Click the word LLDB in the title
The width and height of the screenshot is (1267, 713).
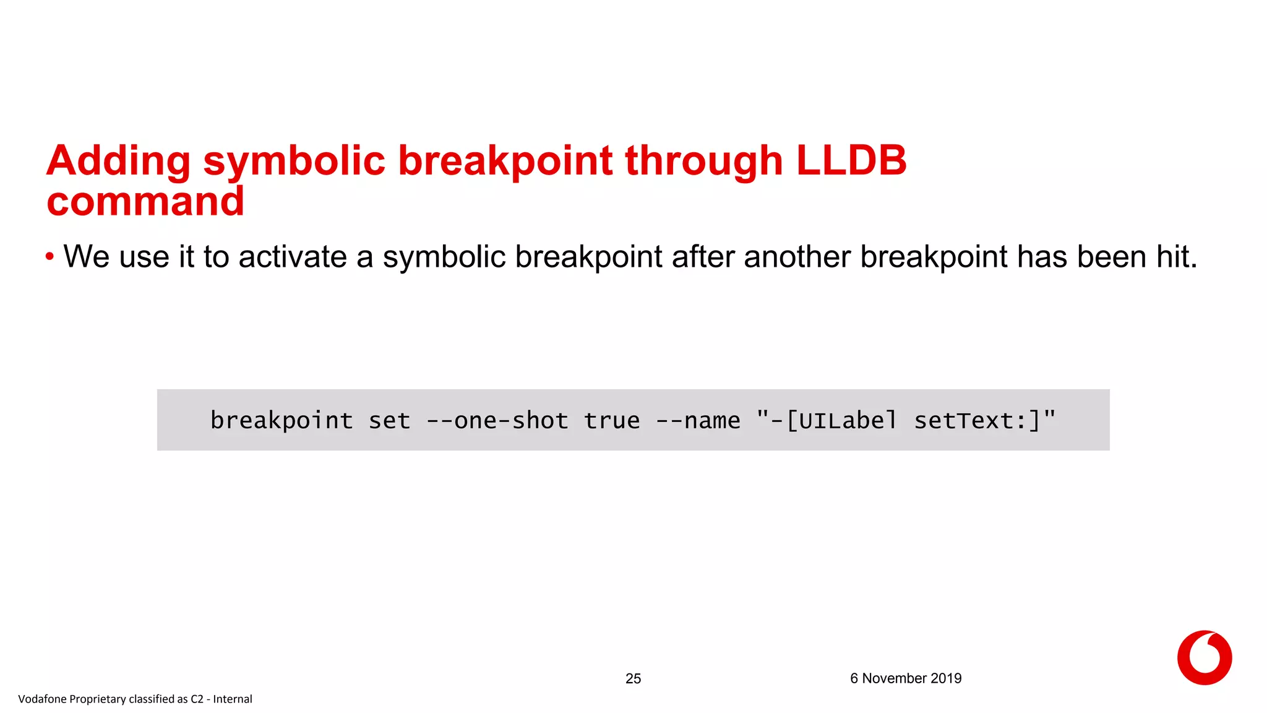click(851, 161)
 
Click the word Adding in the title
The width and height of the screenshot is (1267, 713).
click(118, 161)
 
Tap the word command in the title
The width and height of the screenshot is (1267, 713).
click(145, 202)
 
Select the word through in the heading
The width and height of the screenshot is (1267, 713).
click(704, 161)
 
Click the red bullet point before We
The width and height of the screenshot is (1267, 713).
click(49, 257)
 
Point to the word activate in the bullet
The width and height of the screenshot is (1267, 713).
click(293, 257)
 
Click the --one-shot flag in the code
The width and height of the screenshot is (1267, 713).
click(497, 421)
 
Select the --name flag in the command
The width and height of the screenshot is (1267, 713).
click(698, 421)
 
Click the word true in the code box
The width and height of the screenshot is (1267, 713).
click(612, 421)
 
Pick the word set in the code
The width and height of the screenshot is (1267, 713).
click(389, 421)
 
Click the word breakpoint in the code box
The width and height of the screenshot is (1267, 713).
click(281, 421)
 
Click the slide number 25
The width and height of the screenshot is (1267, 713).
click(633, 679)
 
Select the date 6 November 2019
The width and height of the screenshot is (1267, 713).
click(905, 678)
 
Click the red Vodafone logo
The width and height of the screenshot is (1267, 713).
click(1204, 657)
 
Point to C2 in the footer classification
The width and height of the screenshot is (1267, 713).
click(197, 699)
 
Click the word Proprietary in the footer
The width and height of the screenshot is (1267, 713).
click(97, 699)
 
